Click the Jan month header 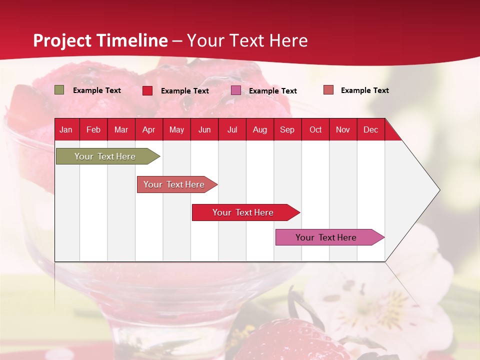pos(66,129)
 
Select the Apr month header pos(149,129)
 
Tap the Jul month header pos(232,129)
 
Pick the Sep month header pos(287,129)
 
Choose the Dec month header pos(370,129)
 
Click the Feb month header pos(93,129)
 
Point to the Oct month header pos(315,129)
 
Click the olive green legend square pos(59,90)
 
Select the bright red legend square pos(147,90)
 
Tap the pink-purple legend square pos(236,90)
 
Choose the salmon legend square pos(328,90)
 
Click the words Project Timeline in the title pos(100,40)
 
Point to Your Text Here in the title pos(247,40)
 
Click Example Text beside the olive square pos(97,90)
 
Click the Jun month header pos(204,129)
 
